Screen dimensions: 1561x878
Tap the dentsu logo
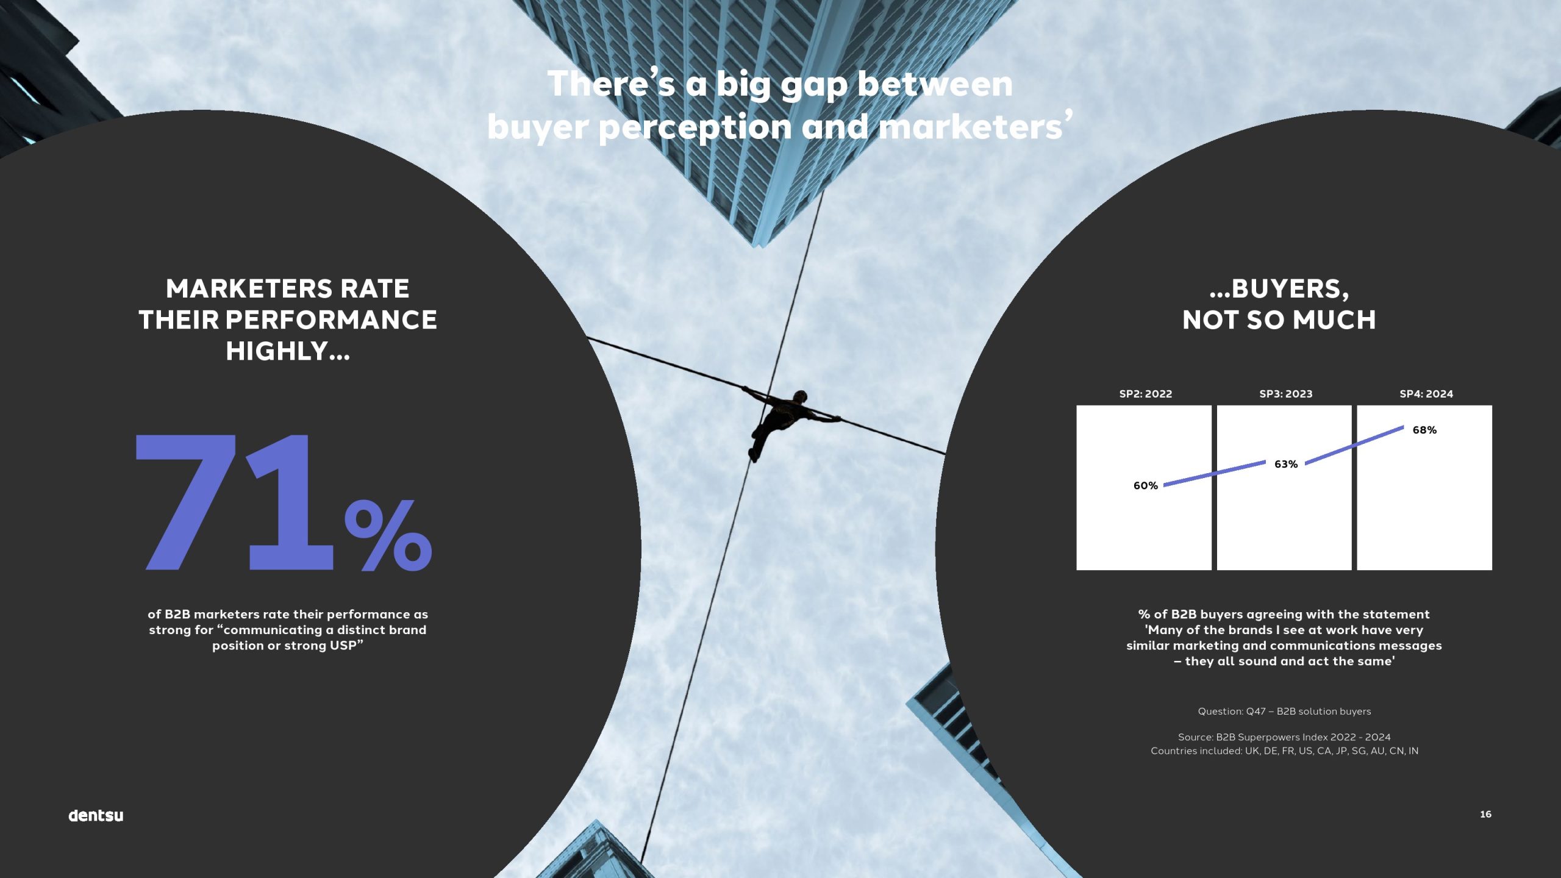(x=96, y=815)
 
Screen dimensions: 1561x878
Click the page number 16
(x=1485, y=814)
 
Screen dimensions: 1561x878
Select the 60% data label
(x=1145, y=485)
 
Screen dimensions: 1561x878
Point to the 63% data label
(x=1286, y=464)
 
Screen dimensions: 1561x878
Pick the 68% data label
(x=1424, y=430)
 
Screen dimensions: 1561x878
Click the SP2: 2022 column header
(x=1146, y=394)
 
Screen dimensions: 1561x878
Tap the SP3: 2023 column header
(x=1286, y=394)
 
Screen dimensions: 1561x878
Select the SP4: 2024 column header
(x=1426, y=394)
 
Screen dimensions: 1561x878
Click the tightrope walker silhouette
(x=787, y=421)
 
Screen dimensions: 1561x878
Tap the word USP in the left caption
(x=343, y=646)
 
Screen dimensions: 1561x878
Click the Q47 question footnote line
(x=1284, y=712)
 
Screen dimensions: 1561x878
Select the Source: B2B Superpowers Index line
(x=1284, y=737)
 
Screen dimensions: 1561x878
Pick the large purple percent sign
(x=388, y=535)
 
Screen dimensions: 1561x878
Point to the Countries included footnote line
(x=1284, y=751)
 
